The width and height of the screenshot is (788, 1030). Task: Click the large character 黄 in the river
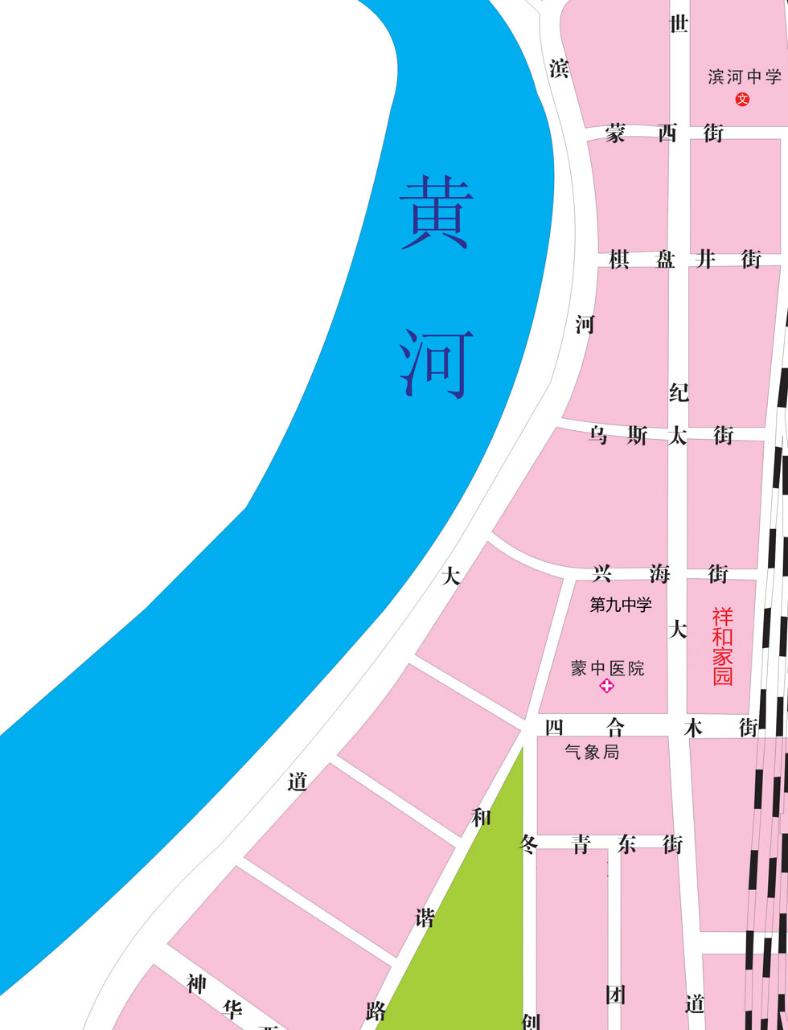(x=436, y=212)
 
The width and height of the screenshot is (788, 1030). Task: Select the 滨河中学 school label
(x=745, y=77)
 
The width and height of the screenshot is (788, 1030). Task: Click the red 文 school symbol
(x=742, y=100)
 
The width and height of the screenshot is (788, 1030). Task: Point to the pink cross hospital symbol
(x=606, y=686)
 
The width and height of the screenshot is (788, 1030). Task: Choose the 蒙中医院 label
(x=607, y=668)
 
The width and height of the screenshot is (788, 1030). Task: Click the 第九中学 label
(x=621, y=605)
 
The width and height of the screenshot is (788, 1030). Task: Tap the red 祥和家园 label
(x=723, y=646)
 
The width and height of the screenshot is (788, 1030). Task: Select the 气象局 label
(x=592, y=753)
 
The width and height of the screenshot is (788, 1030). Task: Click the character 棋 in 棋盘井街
(x=618, y=260)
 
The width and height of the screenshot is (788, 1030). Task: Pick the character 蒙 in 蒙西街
(x=615, y=133)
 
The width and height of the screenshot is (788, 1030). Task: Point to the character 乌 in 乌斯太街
(x=598, y=436)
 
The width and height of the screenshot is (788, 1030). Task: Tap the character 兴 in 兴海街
(x=602, y=573)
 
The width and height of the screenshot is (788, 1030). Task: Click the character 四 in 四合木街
(x=554, y=728)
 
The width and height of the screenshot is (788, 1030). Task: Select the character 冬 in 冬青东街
(x=528, y=845)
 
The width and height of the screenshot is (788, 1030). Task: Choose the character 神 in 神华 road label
(x=196, y=984)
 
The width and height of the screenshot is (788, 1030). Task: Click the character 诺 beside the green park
(x=425, y=917)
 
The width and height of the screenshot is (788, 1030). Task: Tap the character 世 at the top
(x=679, y=24)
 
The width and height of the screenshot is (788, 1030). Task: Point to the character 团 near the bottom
(x=616, y=995)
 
